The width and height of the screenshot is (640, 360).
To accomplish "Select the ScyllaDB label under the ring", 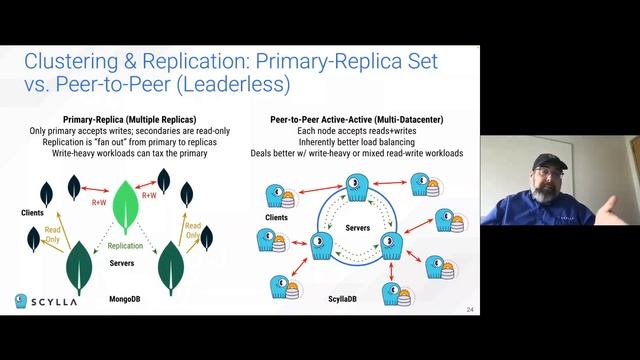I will [x=347, y=299].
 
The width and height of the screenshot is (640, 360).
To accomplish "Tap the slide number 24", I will [x=469, y=310].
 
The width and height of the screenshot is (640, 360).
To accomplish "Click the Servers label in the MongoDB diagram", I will [x=122, y=263].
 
